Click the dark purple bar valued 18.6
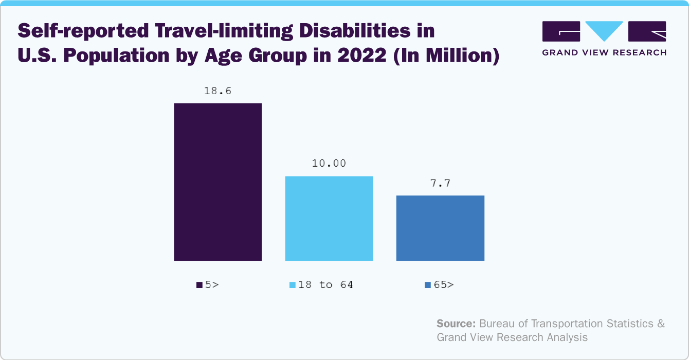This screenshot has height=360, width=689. [217, 182]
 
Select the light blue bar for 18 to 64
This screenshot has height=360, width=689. [329, 218]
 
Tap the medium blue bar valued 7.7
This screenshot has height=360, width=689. [440, 228]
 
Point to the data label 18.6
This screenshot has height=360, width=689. [217, 91]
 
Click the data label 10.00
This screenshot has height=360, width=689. [329, 164]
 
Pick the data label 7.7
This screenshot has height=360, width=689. [440, 183]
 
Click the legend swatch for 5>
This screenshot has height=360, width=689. [200, 285]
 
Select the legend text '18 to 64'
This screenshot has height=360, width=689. [325, 284]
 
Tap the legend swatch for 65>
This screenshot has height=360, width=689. [428, 285]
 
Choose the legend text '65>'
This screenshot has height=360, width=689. [443, 284]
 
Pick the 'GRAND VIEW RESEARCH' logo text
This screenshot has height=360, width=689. [604, 52]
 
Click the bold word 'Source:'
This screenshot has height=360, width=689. [456, 324]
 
